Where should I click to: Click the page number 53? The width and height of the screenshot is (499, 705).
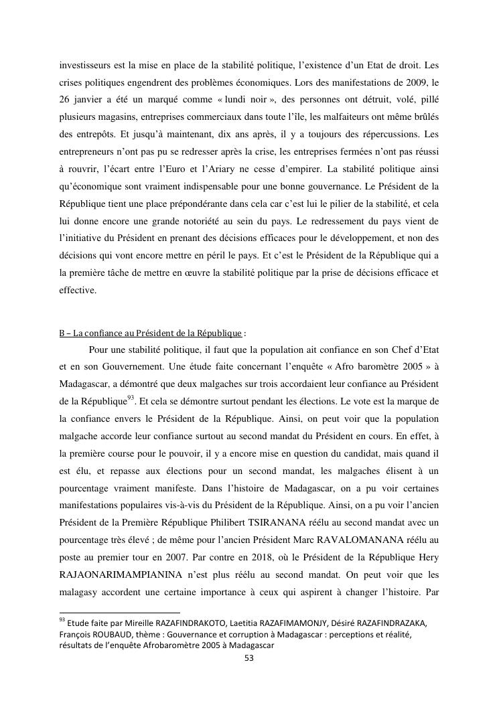click(x=249, y=657)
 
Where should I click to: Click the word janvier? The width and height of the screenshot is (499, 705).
click(x=94, y=102)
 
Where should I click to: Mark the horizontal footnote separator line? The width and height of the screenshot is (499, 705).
click(x=120, y=612)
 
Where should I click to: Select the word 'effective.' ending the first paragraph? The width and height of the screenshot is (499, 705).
click(x=78, y=291)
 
